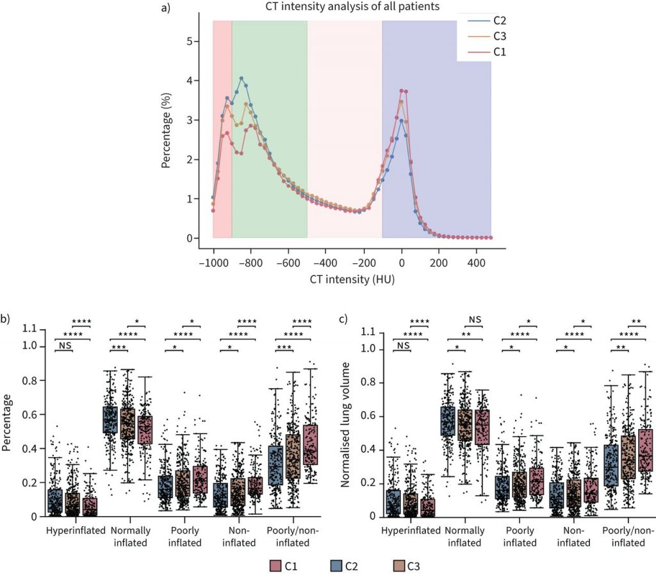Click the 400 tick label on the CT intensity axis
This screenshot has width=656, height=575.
[x=476, y=263]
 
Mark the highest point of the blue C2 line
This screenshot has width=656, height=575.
[x=242, y=78]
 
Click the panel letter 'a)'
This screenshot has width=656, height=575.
[x=165, y=8]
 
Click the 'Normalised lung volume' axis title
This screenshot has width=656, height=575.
[x=347, y=424]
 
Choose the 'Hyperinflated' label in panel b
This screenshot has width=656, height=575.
[x=72, y=531]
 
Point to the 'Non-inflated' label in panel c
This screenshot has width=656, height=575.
[x=573, y=537]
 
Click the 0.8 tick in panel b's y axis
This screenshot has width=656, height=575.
[x=29, y=380]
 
